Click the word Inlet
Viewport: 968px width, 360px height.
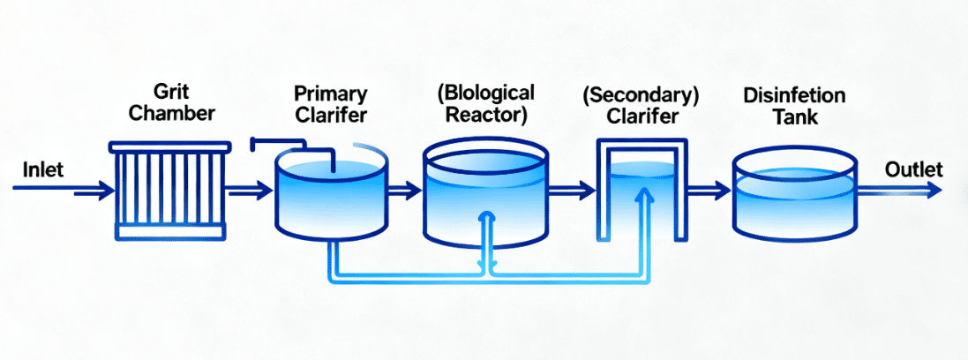[42, 169]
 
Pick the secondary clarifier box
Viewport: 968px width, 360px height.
[642, 190]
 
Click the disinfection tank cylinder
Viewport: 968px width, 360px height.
[794, 194]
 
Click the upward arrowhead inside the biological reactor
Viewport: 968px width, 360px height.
[484, 217]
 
